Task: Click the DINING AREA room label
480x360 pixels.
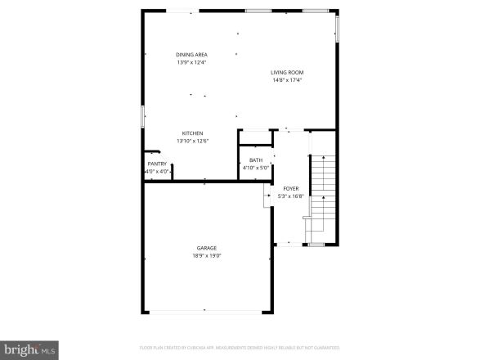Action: click(191, 55)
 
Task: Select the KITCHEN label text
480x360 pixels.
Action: click(192, 133)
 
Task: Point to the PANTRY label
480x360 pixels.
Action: click(157, 164)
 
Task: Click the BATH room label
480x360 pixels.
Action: click(256, 160)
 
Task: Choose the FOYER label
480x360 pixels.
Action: click(290, 188)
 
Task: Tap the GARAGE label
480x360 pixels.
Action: click(206, 248)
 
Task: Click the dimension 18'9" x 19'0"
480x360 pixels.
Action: click(206, 255)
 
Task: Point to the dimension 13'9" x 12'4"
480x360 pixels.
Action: click(191, 62)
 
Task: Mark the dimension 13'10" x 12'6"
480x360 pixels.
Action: click(192, 141)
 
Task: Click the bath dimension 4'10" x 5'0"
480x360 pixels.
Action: click(256, 168)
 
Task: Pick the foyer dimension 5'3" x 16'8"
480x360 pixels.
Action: click(290, 196)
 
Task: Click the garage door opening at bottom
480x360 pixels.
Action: click(206, 313)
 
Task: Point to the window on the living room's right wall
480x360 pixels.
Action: click(335, 29)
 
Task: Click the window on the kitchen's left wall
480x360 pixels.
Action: click(143, 116)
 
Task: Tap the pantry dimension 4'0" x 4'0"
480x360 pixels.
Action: click(157, 171)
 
